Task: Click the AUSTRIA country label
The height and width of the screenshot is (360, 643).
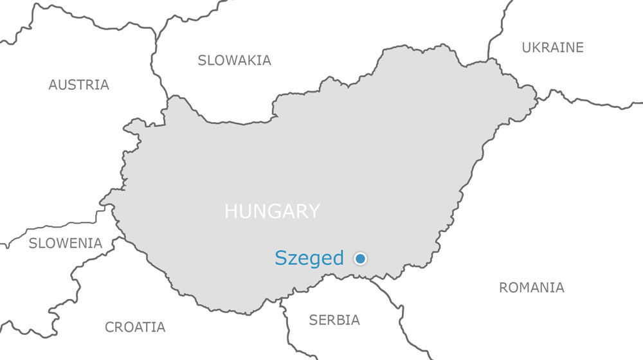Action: tap(78, 85)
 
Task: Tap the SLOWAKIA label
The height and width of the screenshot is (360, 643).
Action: tap(234, 60)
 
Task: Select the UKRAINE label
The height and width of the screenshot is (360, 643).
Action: tap(552, 48)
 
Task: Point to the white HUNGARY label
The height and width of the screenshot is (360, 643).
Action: tap(271, 212)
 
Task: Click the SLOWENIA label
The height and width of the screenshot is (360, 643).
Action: tap(65, 244)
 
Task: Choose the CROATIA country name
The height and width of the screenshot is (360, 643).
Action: tap(135, 327)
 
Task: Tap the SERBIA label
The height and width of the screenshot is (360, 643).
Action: tap(334, 320)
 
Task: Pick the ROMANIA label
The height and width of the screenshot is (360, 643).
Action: tap(531, 288)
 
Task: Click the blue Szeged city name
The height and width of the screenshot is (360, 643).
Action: tap(309, 258)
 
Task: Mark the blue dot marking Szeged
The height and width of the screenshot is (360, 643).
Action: tap(360, 258)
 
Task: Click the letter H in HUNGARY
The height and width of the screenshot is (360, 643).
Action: tap(230, 212)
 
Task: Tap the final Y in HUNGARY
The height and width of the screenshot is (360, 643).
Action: tap(313, 212)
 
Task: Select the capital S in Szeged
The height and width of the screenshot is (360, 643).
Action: tap(281, 258)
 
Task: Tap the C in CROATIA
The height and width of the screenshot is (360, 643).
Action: tap(110, 327)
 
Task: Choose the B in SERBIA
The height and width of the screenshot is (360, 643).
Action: tap(341, 320)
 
